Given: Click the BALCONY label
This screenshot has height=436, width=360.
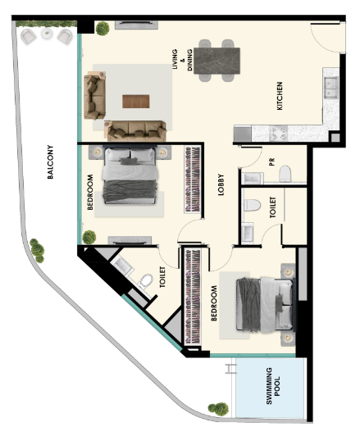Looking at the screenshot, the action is (50, 161).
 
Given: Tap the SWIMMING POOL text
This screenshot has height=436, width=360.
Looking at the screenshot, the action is (273, 386).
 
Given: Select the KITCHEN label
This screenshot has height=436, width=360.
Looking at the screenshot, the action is (280, 96).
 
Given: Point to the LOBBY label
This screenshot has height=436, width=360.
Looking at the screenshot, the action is (221, 184).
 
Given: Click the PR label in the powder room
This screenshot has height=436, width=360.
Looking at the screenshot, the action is (271, 161).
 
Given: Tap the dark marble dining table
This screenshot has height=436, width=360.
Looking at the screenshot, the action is (216, 61).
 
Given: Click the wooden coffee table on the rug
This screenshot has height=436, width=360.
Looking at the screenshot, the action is (136, 102).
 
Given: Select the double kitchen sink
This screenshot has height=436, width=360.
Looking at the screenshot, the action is (330, 88).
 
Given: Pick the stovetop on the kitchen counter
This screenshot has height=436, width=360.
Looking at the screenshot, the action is (279, 134).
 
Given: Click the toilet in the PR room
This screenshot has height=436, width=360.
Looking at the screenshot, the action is (285, 174).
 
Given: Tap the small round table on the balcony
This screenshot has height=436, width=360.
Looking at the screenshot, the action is (47, 34).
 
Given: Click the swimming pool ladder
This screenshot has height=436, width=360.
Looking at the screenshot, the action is (230, 369).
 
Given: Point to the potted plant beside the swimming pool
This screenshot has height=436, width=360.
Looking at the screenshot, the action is (219, 409).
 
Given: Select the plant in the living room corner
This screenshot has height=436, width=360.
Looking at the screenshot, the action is (103, 29).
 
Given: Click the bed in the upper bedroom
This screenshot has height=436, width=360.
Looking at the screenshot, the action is (130, 175).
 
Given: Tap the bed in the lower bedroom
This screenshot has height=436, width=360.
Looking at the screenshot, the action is (266, 304).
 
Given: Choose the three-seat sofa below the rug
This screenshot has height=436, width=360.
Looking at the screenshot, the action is (135, 130).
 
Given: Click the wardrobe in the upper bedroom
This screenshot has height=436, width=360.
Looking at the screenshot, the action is (193, 179).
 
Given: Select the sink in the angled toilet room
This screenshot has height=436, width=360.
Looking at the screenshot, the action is (122, 266).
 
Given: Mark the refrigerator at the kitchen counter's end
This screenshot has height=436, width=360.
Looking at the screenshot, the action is (243, 134).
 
